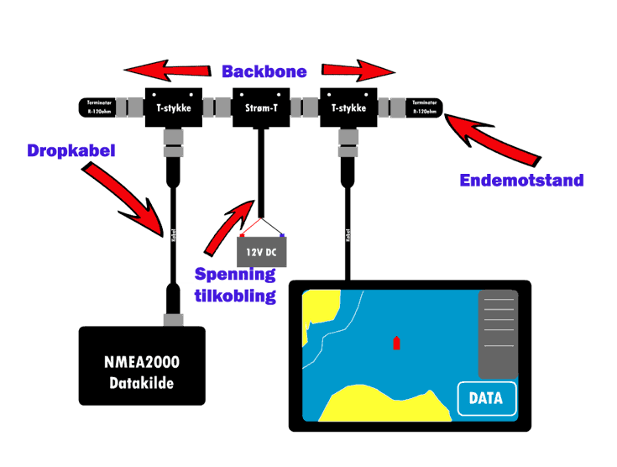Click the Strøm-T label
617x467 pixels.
pos(262,108)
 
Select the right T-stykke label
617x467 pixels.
pos(348,108)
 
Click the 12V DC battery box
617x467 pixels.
pos(262,251)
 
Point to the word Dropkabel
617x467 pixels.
pos(71,151)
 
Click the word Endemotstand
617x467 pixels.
pos(521,181)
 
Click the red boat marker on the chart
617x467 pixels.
pos(396,343)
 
